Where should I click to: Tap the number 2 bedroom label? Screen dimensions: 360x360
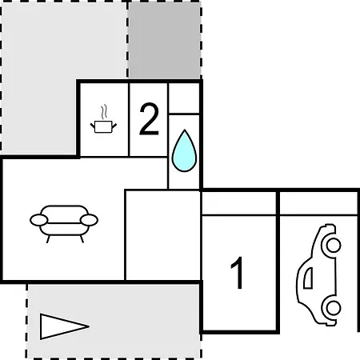point(149,118)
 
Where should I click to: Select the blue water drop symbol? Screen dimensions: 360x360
point(184,150)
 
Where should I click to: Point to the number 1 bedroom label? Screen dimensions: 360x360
point(238,273)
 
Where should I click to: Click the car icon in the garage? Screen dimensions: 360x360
point(319,274)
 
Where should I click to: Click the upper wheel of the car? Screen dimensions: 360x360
point(333,245)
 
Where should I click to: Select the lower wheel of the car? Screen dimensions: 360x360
point(333,308)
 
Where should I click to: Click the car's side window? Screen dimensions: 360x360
point(309,278)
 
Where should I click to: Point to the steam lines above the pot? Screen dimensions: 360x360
point(104,112)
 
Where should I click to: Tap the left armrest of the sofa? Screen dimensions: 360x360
point(39,220)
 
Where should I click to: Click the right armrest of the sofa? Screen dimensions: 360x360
point(89,220)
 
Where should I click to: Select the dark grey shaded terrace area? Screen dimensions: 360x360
point(164,40)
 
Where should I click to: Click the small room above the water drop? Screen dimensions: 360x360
point(184,98)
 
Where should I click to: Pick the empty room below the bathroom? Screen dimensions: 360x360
point(162,235)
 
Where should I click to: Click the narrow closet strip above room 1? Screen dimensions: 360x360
point(239,203)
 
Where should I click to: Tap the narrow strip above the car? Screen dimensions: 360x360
point(318,203)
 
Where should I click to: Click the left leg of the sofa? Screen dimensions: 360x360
point(48,239)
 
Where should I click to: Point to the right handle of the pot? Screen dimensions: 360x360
point(114,126)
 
